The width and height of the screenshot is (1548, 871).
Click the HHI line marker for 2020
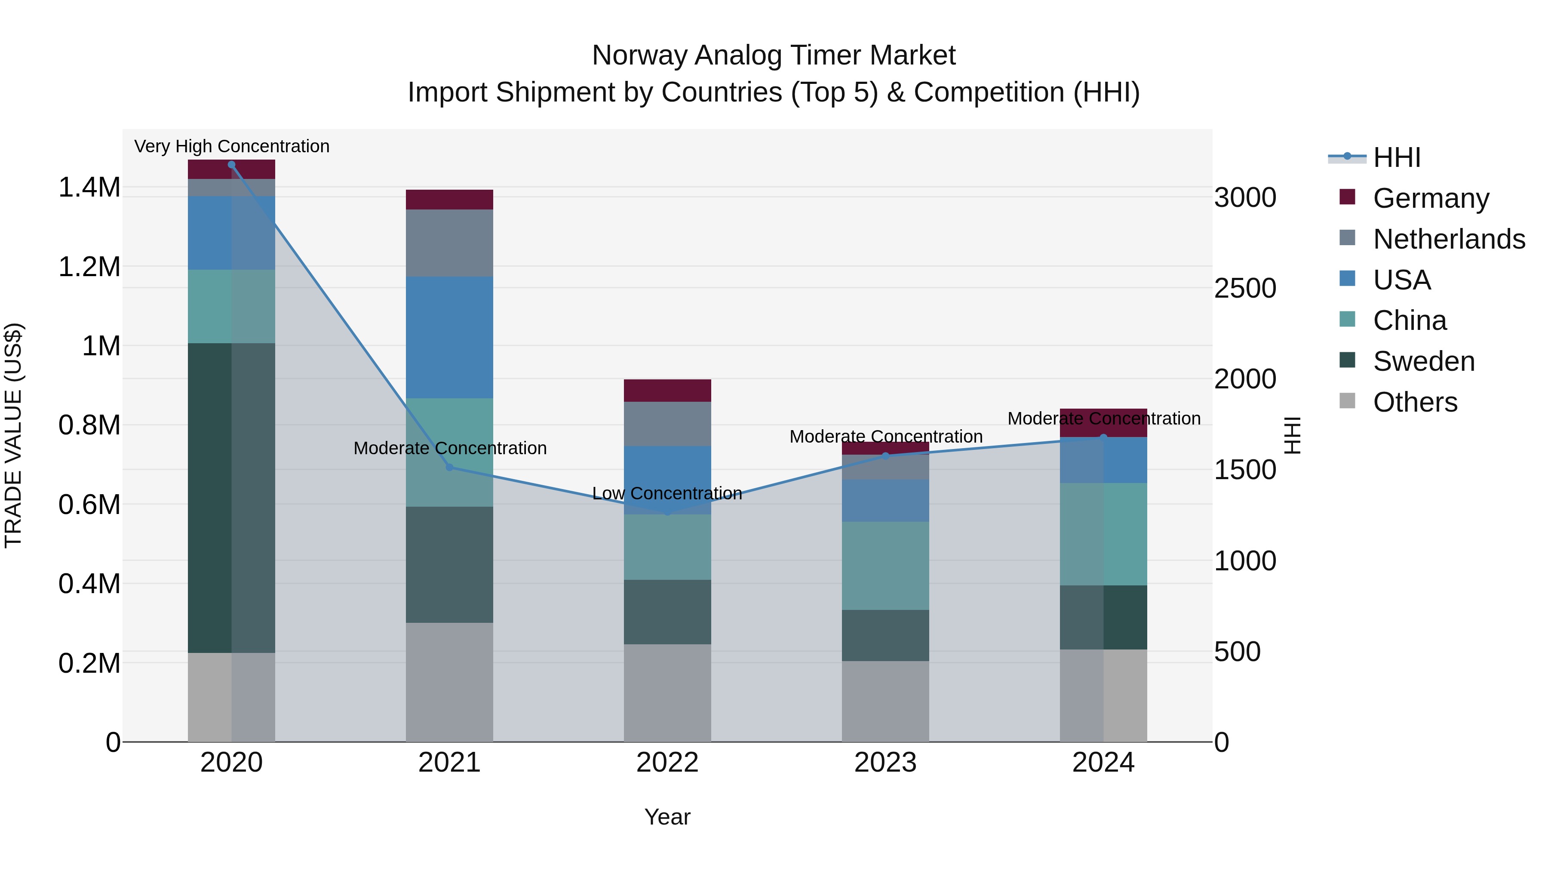click(231, 165)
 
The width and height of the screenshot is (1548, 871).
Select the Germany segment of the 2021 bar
click(449, 200)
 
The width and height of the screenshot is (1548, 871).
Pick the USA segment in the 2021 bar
click(449, 337)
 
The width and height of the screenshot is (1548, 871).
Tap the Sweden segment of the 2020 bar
click(231, 498)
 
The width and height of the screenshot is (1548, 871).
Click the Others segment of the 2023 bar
click(885, 701)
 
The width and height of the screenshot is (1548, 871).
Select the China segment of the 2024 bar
click(1103, 534)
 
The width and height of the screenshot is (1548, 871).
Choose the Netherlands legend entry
click(1448, 239)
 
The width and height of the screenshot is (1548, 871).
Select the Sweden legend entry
click(1423, 361)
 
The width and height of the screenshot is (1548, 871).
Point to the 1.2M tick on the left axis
click(89, 267)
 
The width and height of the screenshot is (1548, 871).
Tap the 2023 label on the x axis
click(885, 763)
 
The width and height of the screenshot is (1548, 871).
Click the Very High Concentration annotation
click(231, 146)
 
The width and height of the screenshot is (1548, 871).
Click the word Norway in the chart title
click(639, 55)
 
